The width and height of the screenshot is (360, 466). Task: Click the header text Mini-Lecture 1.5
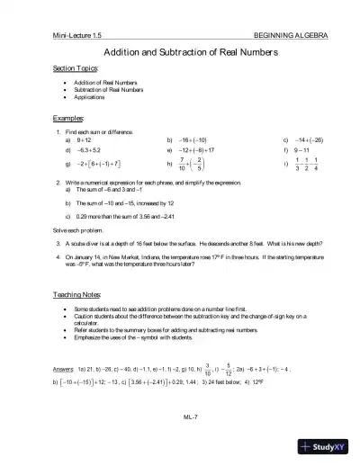[x=77, y=35]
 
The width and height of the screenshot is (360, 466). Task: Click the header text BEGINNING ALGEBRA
[x=292, y=35]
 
